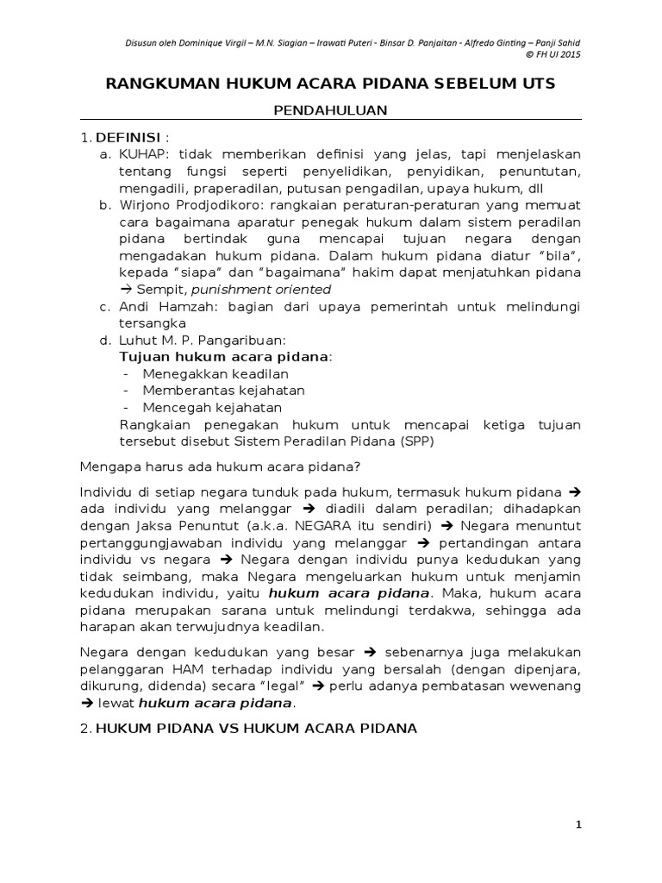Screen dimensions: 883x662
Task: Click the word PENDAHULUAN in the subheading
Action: click(330, 110)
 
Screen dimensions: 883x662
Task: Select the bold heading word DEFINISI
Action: click(128, 138)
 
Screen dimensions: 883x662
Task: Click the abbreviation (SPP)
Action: click(418, 441)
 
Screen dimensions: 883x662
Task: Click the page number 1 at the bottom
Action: click(578, 825)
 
